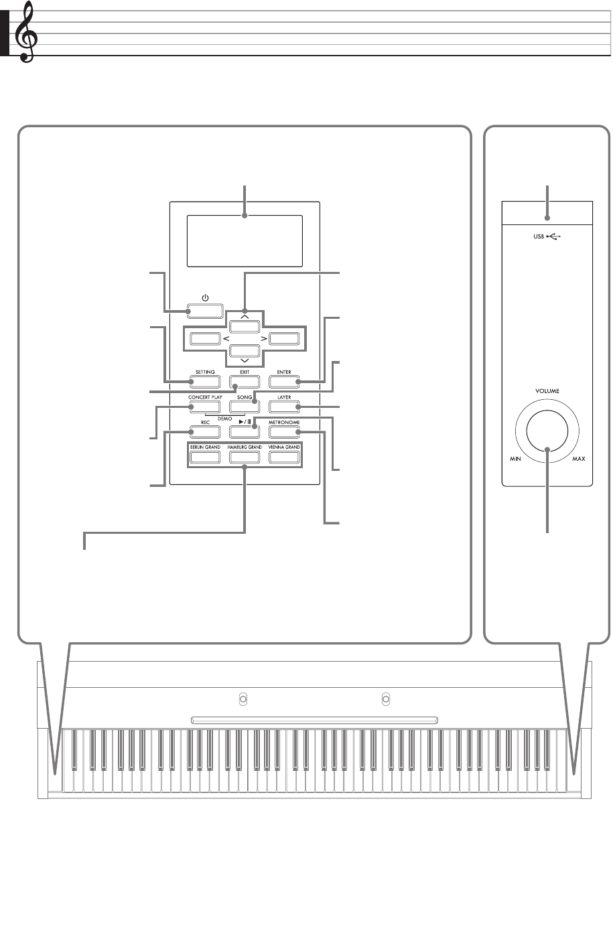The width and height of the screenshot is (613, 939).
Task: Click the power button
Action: point(205,311)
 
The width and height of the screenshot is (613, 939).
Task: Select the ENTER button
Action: point(283,382)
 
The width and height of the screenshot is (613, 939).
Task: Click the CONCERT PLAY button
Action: point(205,407)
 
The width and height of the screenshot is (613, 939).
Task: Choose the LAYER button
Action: point(283,407)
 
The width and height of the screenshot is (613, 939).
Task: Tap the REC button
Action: point(205,432)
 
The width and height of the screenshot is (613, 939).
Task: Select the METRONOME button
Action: point(283,432)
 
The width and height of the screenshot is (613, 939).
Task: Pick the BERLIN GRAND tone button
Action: point(205,457)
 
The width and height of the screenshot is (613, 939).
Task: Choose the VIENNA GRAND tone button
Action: point(283,457)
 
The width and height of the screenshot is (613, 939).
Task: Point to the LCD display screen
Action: point(245,240)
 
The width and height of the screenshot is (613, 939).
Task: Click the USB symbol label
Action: point(546,237)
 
